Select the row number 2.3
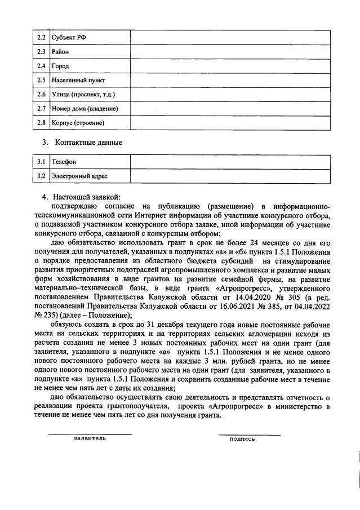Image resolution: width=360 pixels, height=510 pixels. (41, 52)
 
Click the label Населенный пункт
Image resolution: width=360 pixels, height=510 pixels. (78, 80)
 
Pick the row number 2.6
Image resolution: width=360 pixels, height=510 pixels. (41, 94)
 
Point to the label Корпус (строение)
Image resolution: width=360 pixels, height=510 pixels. (78, 122)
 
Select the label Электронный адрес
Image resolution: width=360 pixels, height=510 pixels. (79, 176)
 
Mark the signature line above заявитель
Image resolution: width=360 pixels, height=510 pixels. (90, 433)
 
